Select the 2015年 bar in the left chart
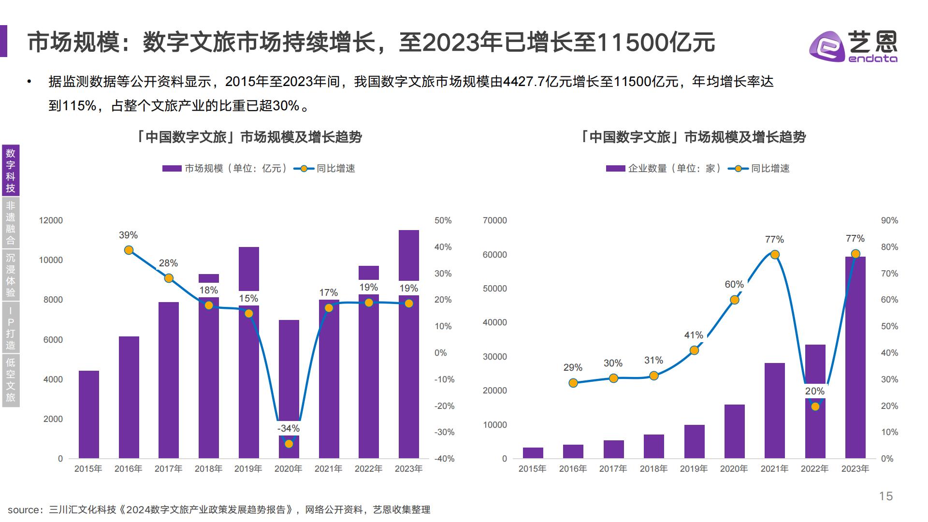pyautogui.click(x=88, y=414)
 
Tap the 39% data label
pyautogui.click(x=128, y=235)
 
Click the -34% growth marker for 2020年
pyautogui.click(x=289, y=444)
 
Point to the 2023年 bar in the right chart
pyautogui.click(x=855, y=358)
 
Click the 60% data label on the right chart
pyautogui.click(x=734, y=284)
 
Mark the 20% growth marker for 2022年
pyautogui.click(x=815, y=406)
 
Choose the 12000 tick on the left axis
pyautogui.click(x=51, y=220)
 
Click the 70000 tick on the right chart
pyautogui.click(x=494, y=220)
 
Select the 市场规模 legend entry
pyautogui.click(x=225, y=169)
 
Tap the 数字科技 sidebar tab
pyautogui.click(x=11, y=171)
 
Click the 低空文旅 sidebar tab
pyautogui.click(x=11, y=380)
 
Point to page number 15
pyautogui.click(x=885, y=496)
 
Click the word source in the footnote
pyautogui.click(x=24, y=510)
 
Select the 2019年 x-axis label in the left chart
pyautogui.click(x=248, y=469)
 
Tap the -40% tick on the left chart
pyautogui.click(x=444, y=459)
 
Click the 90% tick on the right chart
pyautogui.click(x=889, y=220)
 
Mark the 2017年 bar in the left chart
pyautogui.click(x=169, y=380)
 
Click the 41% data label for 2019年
pyautogui.click(x=693, y=335)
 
